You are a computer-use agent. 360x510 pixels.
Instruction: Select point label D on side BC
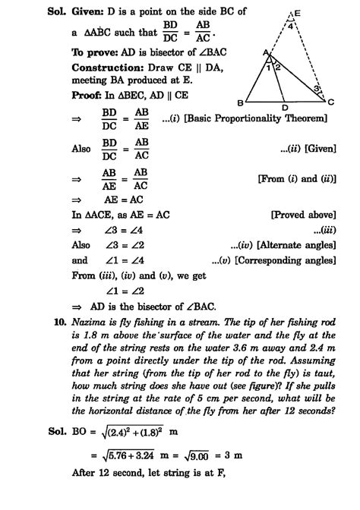284,109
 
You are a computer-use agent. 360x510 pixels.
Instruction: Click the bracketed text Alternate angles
289,245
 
